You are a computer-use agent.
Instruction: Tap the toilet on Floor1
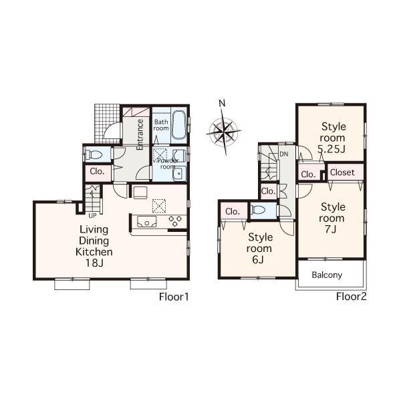(x=92, y=154)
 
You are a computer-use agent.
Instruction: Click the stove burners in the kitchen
(x=176, y=221)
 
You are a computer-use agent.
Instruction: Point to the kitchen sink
(x=146, y=221)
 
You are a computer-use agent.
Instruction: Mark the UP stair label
(x=92, y=215)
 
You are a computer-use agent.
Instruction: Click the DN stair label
(x=284, y=154)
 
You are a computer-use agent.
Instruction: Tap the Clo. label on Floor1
(x=98, y=172)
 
